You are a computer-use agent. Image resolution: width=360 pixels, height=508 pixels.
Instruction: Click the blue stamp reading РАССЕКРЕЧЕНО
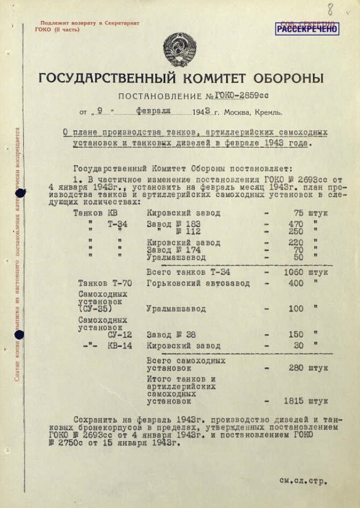pos(307,29)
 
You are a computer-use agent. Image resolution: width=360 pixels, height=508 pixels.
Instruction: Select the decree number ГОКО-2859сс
pos(241,95)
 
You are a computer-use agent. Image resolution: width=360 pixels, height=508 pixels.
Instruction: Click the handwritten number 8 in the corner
pos(330,9)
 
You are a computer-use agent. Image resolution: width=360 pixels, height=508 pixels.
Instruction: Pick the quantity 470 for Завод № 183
pos(296,224)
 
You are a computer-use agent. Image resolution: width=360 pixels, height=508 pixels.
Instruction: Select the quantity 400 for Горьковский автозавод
pos(296,283)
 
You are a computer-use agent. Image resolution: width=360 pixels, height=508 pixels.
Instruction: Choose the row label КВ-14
pos(119,346)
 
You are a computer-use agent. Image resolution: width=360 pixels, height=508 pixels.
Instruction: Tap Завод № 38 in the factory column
pos(171,335)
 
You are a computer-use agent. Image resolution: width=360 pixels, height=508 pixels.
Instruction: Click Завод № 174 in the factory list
pos(174,250)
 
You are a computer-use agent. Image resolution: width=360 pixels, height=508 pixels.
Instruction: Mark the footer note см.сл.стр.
pos(303,480)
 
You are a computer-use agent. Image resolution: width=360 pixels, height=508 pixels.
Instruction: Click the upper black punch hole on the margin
pos(21,193)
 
